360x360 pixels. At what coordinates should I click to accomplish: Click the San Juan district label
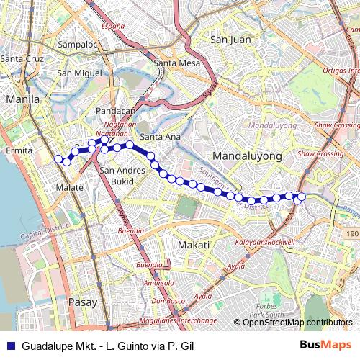point(231,40)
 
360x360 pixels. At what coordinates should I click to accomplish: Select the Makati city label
point(193,246)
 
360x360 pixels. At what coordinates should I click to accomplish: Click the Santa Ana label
point(159,137)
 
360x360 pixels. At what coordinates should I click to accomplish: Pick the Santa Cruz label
point(21,58)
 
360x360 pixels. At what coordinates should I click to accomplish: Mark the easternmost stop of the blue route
point(302,197)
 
